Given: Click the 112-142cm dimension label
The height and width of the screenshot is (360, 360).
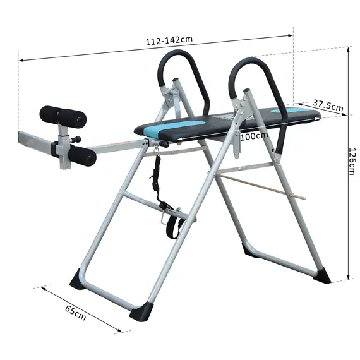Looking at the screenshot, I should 169,39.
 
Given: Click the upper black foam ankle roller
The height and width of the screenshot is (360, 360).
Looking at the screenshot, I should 62,115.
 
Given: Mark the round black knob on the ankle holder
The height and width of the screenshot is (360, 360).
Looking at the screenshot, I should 78,140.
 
